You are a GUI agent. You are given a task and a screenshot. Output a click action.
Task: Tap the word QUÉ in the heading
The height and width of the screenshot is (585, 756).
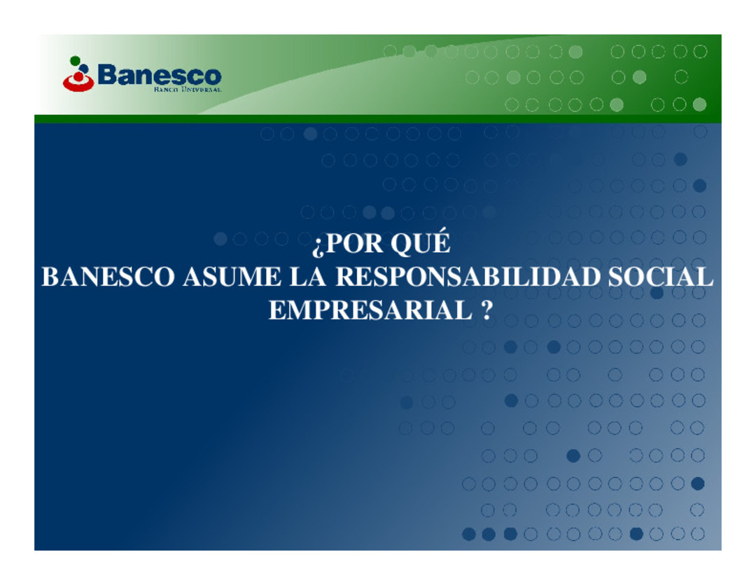(x=421, y=243)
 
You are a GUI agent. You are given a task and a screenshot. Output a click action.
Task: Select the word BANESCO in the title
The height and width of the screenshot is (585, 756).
(x=108, y=277)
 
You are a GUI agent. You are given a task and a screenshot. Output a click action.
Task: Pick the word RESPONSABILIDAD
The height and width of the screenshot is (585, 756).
(x=468, y=277)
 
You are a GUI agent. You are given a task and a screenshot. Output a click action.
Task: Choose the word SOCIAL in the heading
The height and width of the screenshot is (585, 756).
(x=660, y=277)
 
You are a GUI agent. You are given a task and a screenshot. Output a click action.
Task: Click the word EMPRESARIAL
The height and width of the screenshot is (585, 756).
(x=370, y=310)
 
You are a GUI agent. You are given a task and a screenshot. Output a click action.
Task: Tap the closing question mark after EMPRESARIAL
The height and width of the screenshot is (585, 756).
(x=487, y=310)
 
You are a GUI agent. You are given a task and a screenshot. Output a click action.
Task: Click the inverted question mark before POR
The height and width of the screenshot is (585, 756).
(x=318, y=246)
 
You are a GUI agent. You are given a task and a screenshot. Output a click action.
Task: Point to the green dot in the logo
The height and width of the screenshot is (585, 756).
(x=75, y=60)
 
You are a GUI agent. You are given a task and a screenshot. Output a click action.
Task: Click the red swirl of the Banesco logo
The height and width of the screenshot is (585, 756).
(x=78, y=82)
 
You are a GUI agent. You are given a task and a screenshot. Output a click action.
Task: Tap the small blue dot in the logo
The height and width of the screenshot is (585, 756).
(x=84, y=68)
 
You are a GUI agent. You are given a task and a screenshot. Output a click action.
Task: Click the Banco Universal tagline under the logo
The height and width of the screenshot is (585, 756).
(x=188, y=89)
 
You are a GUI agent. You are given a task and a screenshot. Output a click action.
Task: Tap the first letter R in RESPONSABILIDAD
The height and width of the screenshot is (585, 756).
(x=345, y=277)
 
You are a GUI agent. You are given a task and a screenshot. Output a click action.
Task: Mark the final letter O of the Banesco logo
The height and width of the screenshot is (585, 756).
(x=212, y=77)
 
